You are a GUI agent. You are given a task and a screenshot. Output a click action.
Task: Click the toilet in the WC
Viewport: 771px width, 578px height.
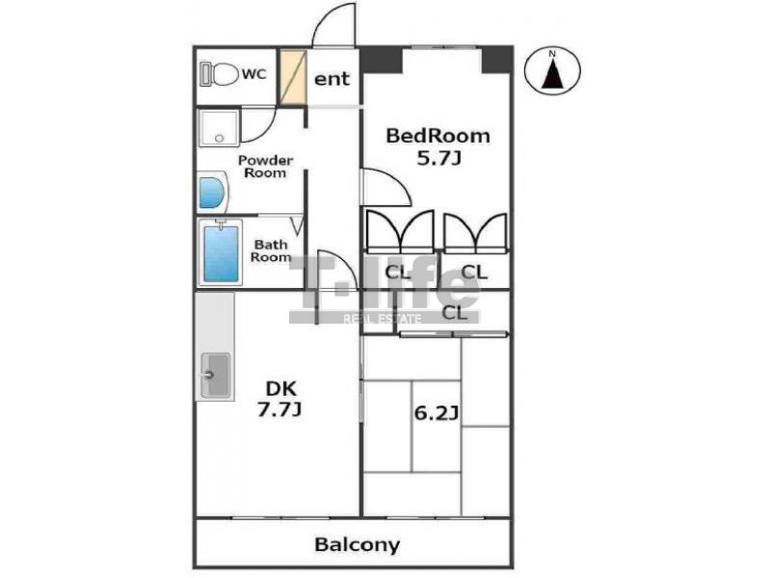(219, 74)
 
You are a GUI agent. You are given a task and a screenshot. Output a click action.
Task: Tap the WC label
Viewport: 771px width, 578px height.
(254, 74)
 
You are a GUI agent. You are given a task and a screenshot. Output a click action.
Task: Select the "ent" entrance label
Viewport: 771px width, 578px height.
(332, 79)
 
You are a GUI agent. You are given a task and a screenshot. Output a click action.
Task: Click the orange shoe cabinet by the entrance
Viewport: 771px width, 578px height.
(294, 77)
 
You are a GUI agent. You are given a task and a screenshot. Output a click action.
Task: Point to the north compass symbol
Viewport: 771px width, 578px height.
(552, 69)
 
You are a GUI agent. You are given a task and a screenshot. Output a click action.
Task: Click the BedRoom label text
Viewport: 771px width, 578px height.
(438, 136)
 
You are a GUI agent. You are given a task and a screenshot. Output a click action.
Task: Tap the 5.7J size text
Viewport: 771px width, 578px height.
(439, 158)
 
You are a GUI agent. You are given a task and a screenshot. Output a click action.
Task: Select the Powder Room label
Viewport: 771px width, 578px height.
(265, 167)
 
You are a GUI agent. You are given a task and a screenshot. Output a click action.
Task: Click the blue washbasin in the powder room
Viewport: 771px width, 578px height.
(212, 193)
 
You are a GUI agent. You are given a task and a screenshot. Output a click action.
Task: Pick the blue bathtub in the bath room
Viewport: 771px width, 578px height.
(221, 252)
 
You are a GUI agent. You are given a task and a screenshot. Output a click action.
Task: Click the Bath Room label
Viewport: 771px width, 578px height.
(271, 250)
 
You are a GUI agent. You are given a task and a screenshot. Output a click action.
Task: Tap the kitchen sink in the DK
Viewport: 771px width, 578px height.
(215, 375)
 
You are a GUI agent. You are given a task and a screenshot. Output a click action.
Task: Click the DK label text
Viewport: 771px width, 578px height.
(280, 389)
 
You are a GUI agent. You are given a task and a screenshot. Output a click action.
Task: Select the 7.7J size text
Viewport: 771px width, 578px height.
(279, 409)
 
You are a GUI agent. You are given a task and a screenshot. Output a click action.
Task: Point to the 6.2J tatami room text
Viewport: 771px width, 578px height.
(437, 413)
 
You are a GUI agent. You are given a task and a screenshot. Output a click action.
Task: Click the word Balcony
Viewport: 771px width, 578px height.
(357, 544)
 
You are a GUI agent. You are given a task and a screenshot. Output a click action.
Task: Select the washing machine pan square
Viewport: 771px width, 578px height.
(220, 128)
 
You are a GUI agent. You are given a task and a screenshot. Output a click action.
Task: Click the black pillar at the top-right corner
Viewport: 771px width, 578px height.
(496, 60)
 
